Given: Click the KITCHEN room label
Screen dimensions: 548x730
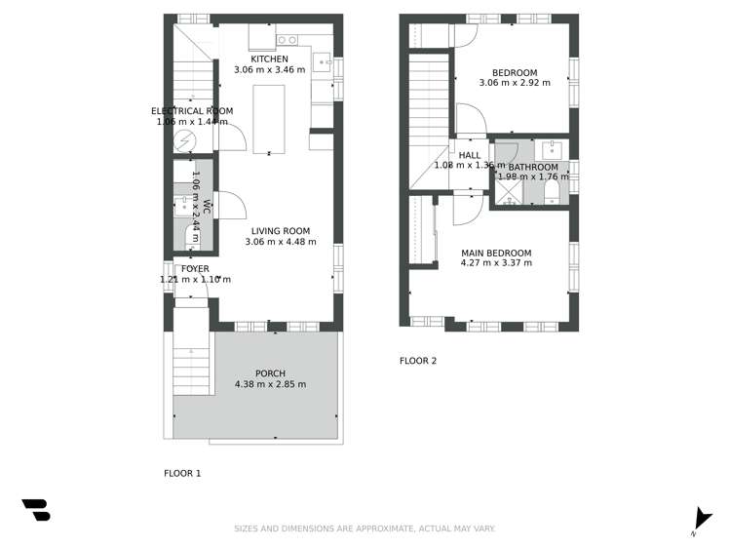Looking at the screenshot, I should (x=269, y=59).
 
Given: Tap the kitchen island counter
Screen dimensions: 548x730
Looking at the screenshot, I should (x=269, y=118).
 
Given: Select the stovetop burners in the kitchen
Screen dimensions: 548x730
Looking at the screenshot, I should (x=287, y=40).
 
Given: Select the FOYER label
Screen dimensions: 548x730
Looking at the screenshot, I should (x=195, y=268).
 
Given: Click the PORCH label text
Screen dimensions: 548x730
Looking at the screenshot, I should (x=270, y=373).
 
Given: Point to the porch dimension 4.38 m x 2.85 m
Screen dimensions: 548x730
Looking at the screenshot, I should (x=270, y=384).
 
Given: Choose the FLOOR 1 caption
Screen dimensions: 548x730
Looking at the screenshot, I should (x=182, y=473).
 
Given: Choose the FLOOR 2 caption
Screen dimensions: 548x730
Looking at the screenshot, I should (x=418, y=361).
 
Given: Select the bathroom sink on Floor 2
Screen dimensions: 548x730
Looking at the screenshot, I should (x=552, y=149).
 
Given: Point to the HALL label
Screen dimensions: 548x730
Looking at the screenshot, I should (x=470, y=155).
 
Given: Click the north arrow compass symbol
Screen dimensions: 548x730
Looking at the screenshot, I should (x=701, y=520).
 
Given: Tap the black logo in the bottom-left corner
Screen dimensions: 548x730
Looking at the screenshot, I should (x=36, y=509).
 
